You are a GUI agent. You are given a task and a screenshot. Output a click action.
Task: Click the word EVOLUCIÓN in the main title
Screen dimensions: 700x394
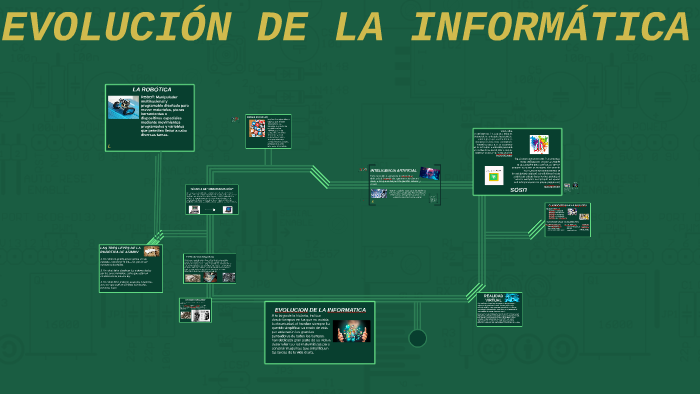pos(116,28)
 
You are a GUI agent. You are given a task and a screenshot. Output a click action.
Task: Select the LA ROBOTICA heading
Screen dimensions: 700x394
pos(152,90)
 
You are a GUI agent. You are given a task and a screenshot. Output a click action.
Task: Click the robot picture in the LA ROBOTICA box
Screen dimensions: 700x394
pos(123,107)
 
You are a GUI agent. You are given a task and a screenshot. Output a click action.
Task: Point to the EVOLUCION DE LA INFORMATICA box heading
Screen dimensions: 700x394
pos(320,310)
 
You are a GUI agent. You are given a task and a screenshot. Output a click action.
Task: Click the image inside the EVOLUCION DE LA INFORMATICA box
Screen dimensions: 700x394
pos(352,332)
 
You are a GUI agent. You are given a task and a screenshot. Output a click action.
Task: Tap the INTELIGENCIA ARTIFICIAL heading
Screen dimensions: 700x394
pos(394,171)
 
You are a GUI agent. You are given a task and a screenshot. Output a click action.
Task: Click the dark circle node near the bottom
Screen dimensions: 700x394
pos(417,338)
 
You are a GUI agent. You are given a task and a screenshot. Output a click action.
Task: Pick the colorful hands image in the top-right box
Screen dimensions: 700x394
pos(539,145)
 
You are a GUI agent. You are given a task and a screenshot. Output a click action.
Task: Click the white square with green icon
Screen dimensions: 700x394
pos(494,175)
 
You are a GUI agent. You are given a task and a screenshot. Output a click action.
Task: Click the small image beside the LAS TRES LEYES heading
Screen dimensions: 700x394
pos(151,251)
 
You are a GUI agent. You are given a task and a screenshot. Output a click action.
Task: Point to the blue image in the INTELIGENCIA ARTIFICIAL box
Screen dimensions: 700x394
pos(430,174)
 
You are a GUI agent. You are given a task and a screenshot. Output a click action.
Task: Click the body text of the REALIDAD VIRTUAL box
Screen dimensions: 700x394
pos(499,314)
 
